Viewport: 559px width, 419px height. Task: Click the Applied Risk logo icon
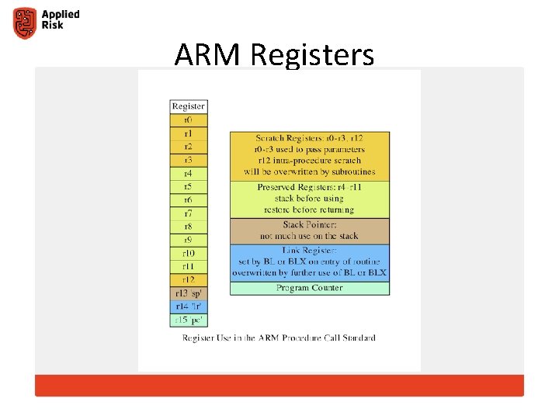pyautogui.click(x=25, y=23)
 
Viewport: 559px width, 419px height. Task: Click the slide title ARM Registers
pyautogui.click(x=274, y=55)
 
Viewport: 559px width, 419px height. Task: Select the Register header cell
pyautogui.click(x=189, y=106)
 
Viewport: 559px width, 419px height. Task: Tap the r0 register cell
pyautogui.click(x=189, y=120)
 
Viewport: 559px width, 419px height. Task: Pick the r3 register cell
pyautogui.click(x=189, y=160)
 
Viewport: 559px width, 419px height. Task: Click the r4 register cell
pyautogui.click(x=189, y=173)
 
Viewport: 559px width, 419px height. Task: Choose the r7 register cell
pyautogui.click(x=189, y=213)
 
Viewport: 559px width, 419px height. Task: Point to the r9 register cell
pyautogui.click(x=189, y=240)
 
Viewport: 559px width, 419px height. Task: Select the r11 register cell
pyautogui.click(x=189, y=266)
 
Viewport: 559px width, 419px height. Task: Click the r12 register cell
pyautogui.click(x=189, y=279)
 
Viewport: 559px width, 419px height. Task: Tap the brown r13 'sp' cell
pyautogui.click(x=189, y=293)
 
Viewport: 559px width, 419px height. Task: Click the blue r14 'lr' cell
pyautogui.click(x=189, y=306)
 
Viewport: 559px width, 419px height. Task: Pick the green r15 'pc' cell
pyautogui.click(x=189, y=319)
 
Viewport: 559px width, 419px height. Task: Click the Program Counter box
pyautogui.click(x=310, y=288)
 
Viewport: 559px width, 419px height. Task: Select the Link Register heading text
pyautogui.click(x=310, y=251)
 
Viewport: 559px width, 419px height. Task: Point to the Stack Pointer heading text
pyautogui.click(x=310, y=225)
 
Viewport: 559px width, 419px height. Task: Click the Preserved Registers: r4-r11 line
pyautogui.click(x=310, y=188)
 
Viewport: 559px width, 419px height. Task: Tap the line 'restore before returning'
pyautogui.click(x=310, y=209)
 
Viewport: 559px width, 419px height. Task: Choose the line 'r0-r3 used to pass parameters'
pyautogui.click(x=310, y=149)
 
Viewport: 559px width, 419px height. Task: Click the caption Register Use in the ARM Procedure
pyautogui.click(x=279, y=338)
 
